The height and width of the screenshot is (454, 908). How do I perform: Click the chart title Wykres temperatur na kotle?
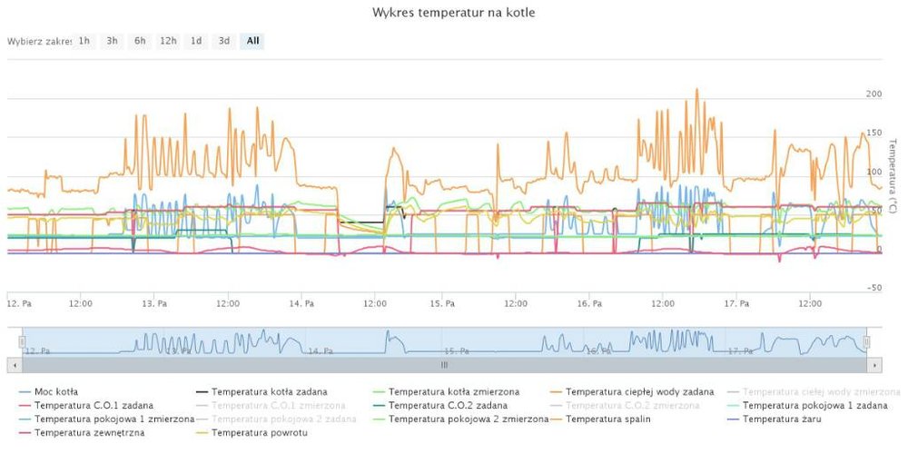click(x=453, y=14)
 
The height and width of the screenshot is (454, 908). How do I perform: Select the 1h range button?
click(x=84, y=41)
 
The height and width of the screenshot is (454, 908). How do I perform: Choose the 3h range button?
click(x=112, y=41)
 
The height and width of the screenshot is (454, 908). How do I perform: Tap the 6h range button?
click(x=140, y=41)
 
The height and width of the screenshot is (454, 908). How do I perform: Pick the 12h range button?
click(x=168, y=41)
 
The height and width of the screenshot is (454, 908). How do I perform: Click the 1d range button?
click(x=196, y=41)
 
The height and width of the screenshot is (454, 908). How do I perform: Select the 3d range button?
click(x=223, y=41)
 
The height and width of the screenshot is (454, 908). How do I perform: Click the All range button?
click(x=252, y=41)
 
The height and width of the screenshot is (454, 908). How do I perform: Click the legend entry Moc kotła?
click(x=55, y=391)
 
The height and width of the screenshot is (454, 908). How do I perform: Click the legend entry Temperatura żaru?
click(x=783, y=419)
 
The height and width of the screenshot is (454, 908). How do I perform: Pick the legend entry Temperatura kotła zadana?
click(x=269, y=391)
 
